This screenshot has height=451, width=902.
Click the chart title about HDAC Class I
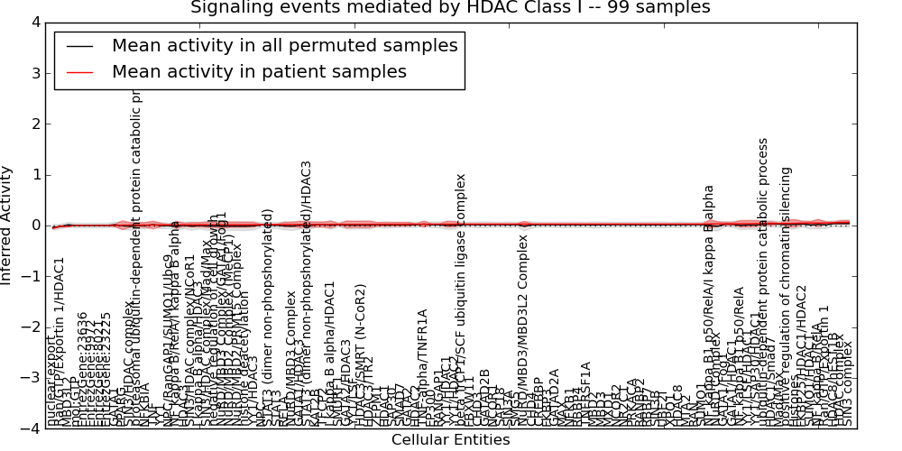tap(450, 8)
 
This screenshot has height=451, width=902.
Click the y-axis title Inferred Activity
tap(8, 225)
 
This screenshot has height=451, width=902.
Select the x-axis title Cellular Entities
tap(450, 440)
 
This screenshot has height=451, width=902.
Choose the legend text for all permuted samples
tap(284, 46)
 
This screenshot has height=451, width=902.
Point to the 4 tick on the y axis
tap(34, 22)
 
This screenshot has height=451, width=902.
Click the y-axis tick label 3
tap(34, 72)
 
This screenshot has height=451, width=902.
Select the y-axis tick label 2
tap(34, 124)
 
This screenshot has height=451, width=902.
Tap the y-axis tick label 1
tap(34, 174)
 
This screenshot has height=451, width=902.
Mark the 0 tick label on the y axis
tap(34, 225)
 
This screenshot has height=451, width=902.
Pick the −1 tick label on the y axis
tap(31, 276)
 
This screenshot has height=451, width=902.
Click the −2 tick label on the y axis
tap(31, 327)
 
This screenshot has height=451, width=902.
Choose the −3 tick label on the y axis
tap(31, 378)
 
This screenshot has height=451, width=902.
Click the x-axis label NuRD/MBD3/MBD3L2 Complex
tap(523, 330)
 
